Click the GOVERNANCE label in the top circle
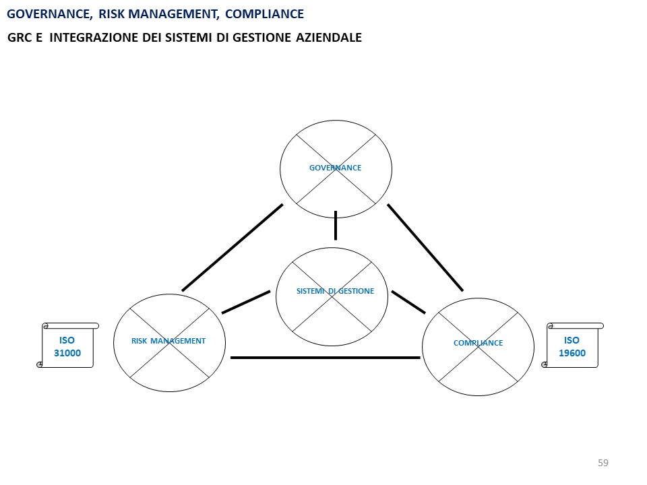pos(335,168)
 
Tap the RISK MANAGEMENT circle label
pos(168,341)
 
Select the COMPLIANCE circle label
pos(478,343)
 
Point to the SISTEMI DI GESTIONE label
pos(335,291)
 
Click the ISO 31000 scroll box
pos(67,346)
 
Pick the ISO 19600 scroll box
pos(572,346)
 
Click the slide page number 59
pos(603,463)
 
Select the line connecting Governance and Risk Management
pos(233,247)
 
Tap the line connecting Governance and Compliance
pos(425,247)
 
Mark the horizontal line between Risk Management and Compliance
pos(325,358)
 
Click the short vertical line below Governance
pos(335,226)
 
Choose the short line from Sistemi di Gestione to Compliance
pos(408,302)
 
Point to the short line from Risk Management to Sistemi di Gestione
pos(246,302)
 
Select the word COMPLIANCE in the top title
pos(264,13)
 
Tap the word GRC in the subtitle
pos(20,38)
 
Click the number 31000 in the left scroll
pos(67,353)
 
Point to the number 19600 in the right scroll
pos(572,353)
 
